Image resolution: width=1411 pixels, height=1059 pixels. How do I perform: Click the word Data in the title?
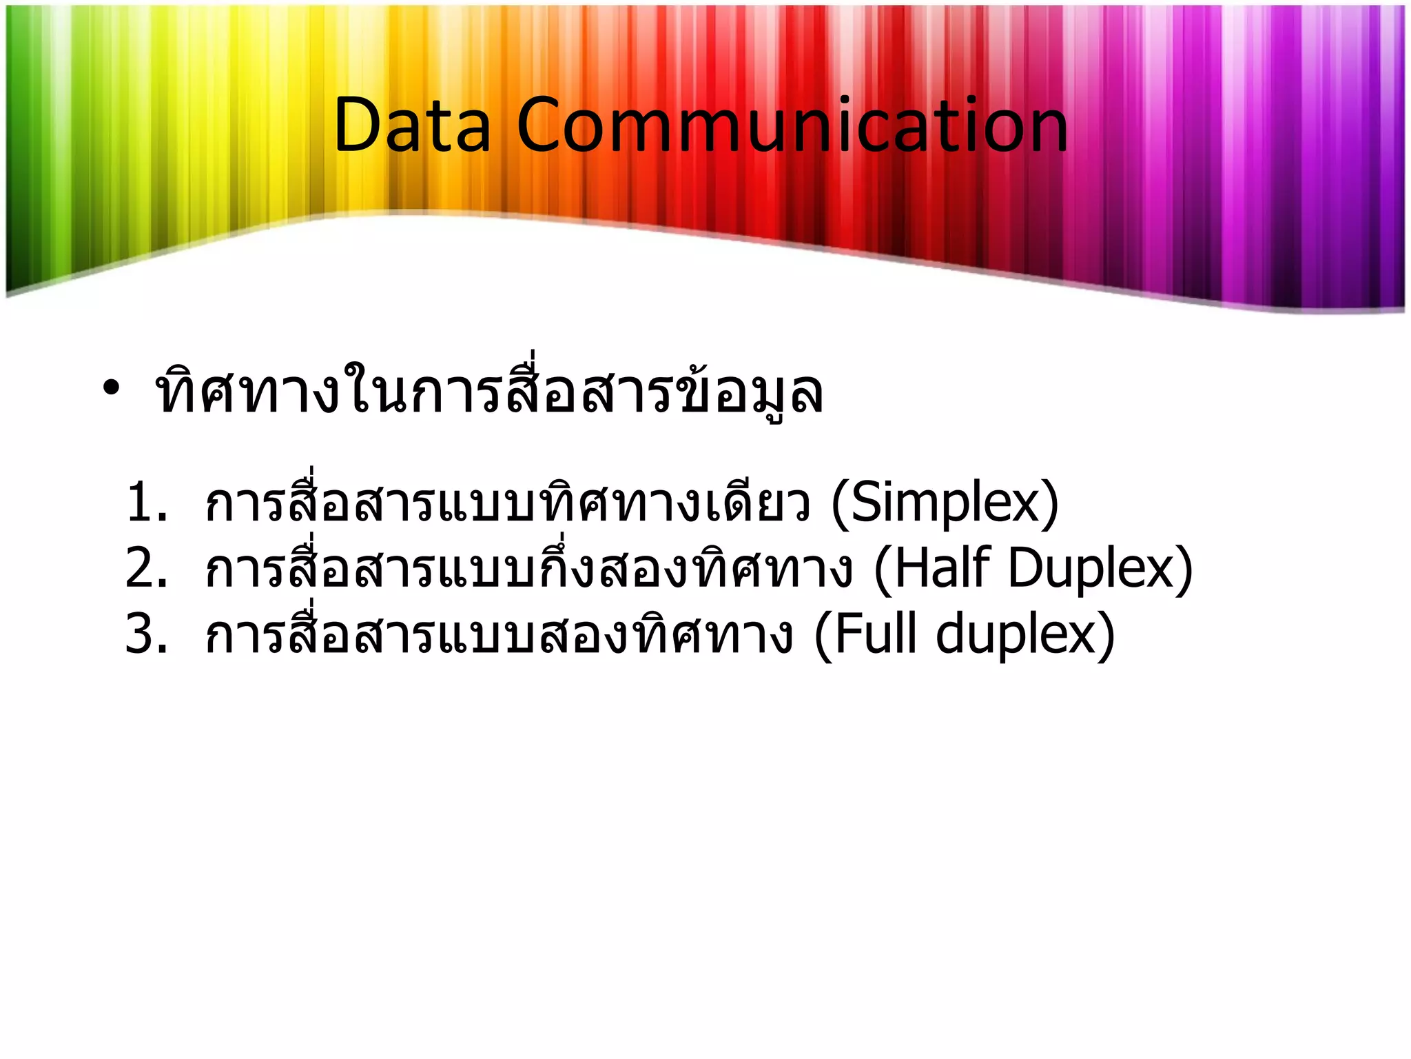pyautogui.click(x=412, y=125)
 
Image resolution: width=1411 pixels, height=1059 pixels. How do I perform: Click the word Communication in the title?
pyautogui.click(x=792, y=125)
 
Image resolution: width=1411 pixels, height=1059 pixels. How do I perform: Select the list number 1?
pyautogui.click(x=146, y=503)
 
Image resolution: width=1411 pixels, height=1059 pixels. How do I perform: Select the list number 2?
pyautogui.click(x=146, y=568)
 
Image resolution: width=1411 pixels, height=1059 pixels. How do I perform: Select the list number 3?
pyautogui.click(x=146, y=634)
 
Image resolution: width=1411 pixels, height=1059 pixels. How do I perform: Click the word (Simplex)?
pyautogui.click(x=945, y=504)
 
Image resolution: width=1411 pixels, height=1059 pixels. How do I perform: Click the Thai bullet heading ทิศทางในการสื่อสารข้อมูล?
pyautogui.click(x=489, y=392)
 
